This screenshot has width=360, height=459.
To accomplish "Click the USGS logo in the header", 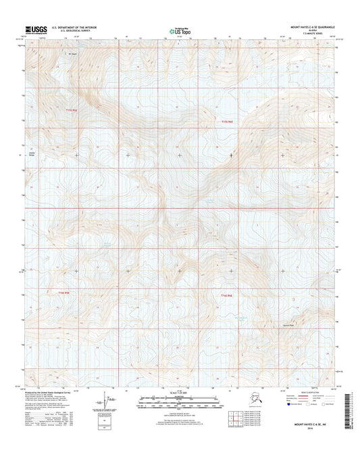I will [x=34, y=29].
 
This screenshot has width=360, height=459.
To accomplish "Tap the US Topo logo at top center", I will [x=179, y=30].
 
